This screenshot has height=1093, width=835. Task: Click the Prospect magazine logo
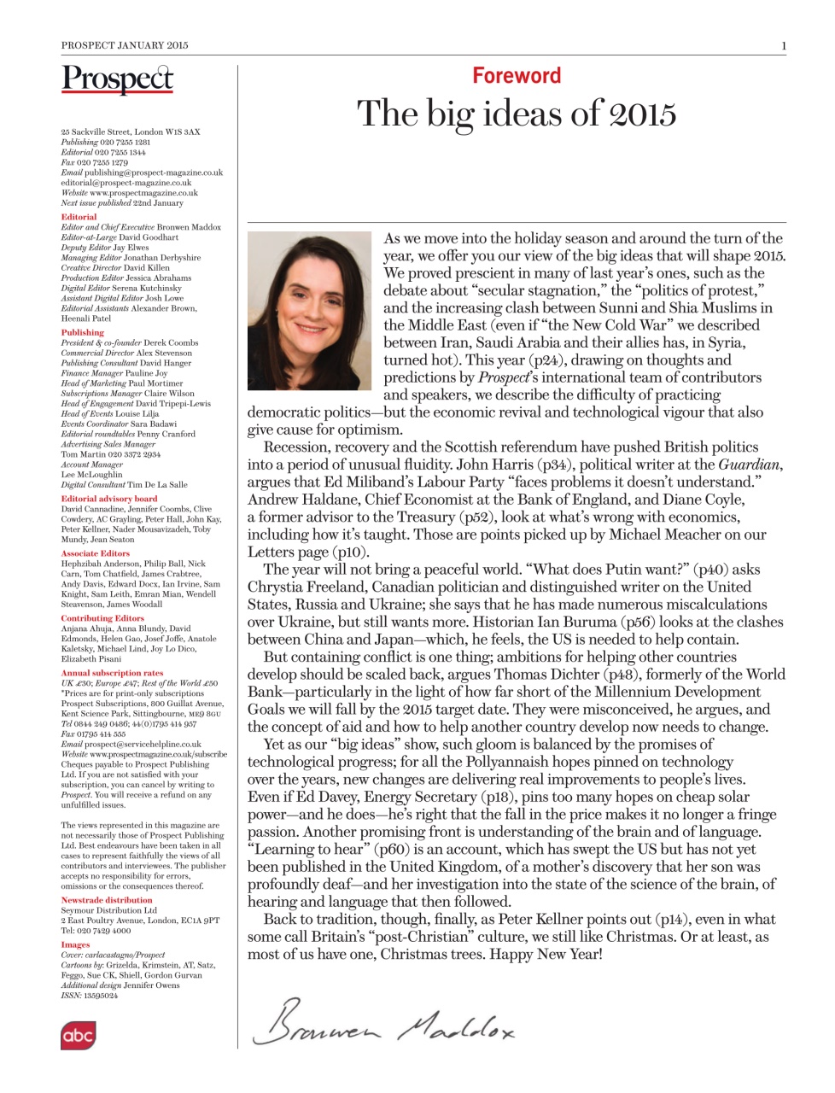tap(117, 79)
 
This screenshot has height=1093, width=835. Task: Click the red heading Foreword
tap(517, 76)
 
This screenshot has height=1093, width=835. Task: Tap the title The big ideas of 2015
tap(517, 114)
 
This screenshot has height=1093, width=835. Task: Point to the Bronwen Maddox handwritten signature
tap(383, 1022)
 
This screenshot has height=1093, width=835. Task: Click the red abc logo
tap(78, 1036)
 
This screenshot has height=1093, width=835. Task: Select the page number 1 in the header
tap(783, 45)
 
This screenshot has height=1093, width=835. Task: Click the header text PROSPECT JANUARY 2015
tap(125, 45)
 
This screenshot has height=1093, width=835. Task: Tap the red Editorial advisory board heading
tap(108, 499)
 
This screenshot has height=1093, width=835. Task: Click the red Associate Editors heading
tap(95, 553)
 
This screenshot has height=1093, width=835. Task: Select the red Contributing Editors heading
tap(102, 618)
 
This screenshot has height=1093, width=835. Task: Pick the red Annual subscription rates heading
tap(111, 673)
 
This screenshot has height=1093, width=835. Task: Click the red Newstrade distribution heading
tap(106, 900)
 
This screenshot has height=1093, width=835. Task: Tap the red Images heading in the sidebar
tap(74, 944)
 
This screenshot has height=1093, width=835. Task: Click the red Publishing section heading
tap(82, 332)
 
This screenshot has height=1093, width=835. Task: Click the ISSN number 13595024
tap(101, 996)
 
